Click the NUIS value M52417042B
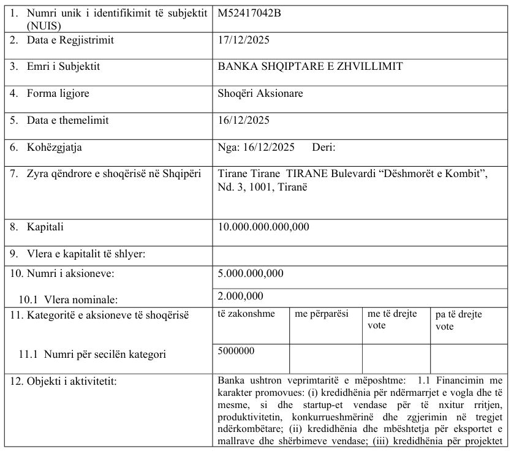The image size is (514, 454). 249,13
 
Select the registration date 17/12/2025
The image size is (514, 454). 244,40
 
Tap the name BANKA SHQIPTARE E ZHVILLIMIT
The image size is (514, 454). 310,67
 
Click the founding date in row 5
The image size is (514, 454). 244,120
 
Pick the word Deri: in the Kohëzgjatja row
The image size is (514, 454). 324,147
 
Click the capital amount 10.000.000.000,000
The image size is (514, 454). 263,227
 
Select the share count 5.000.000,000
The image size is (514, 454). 251,273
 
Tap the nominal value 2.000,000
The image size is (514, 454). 241,297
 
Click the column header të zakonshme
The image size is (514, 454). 246,314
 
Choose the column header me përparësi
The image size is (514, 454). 322,314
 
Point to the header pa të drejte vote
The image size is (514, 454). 459,320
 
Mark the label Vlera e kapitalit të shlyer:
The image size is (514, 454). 86,254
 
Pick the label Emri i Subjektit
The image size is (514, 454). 63,67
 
